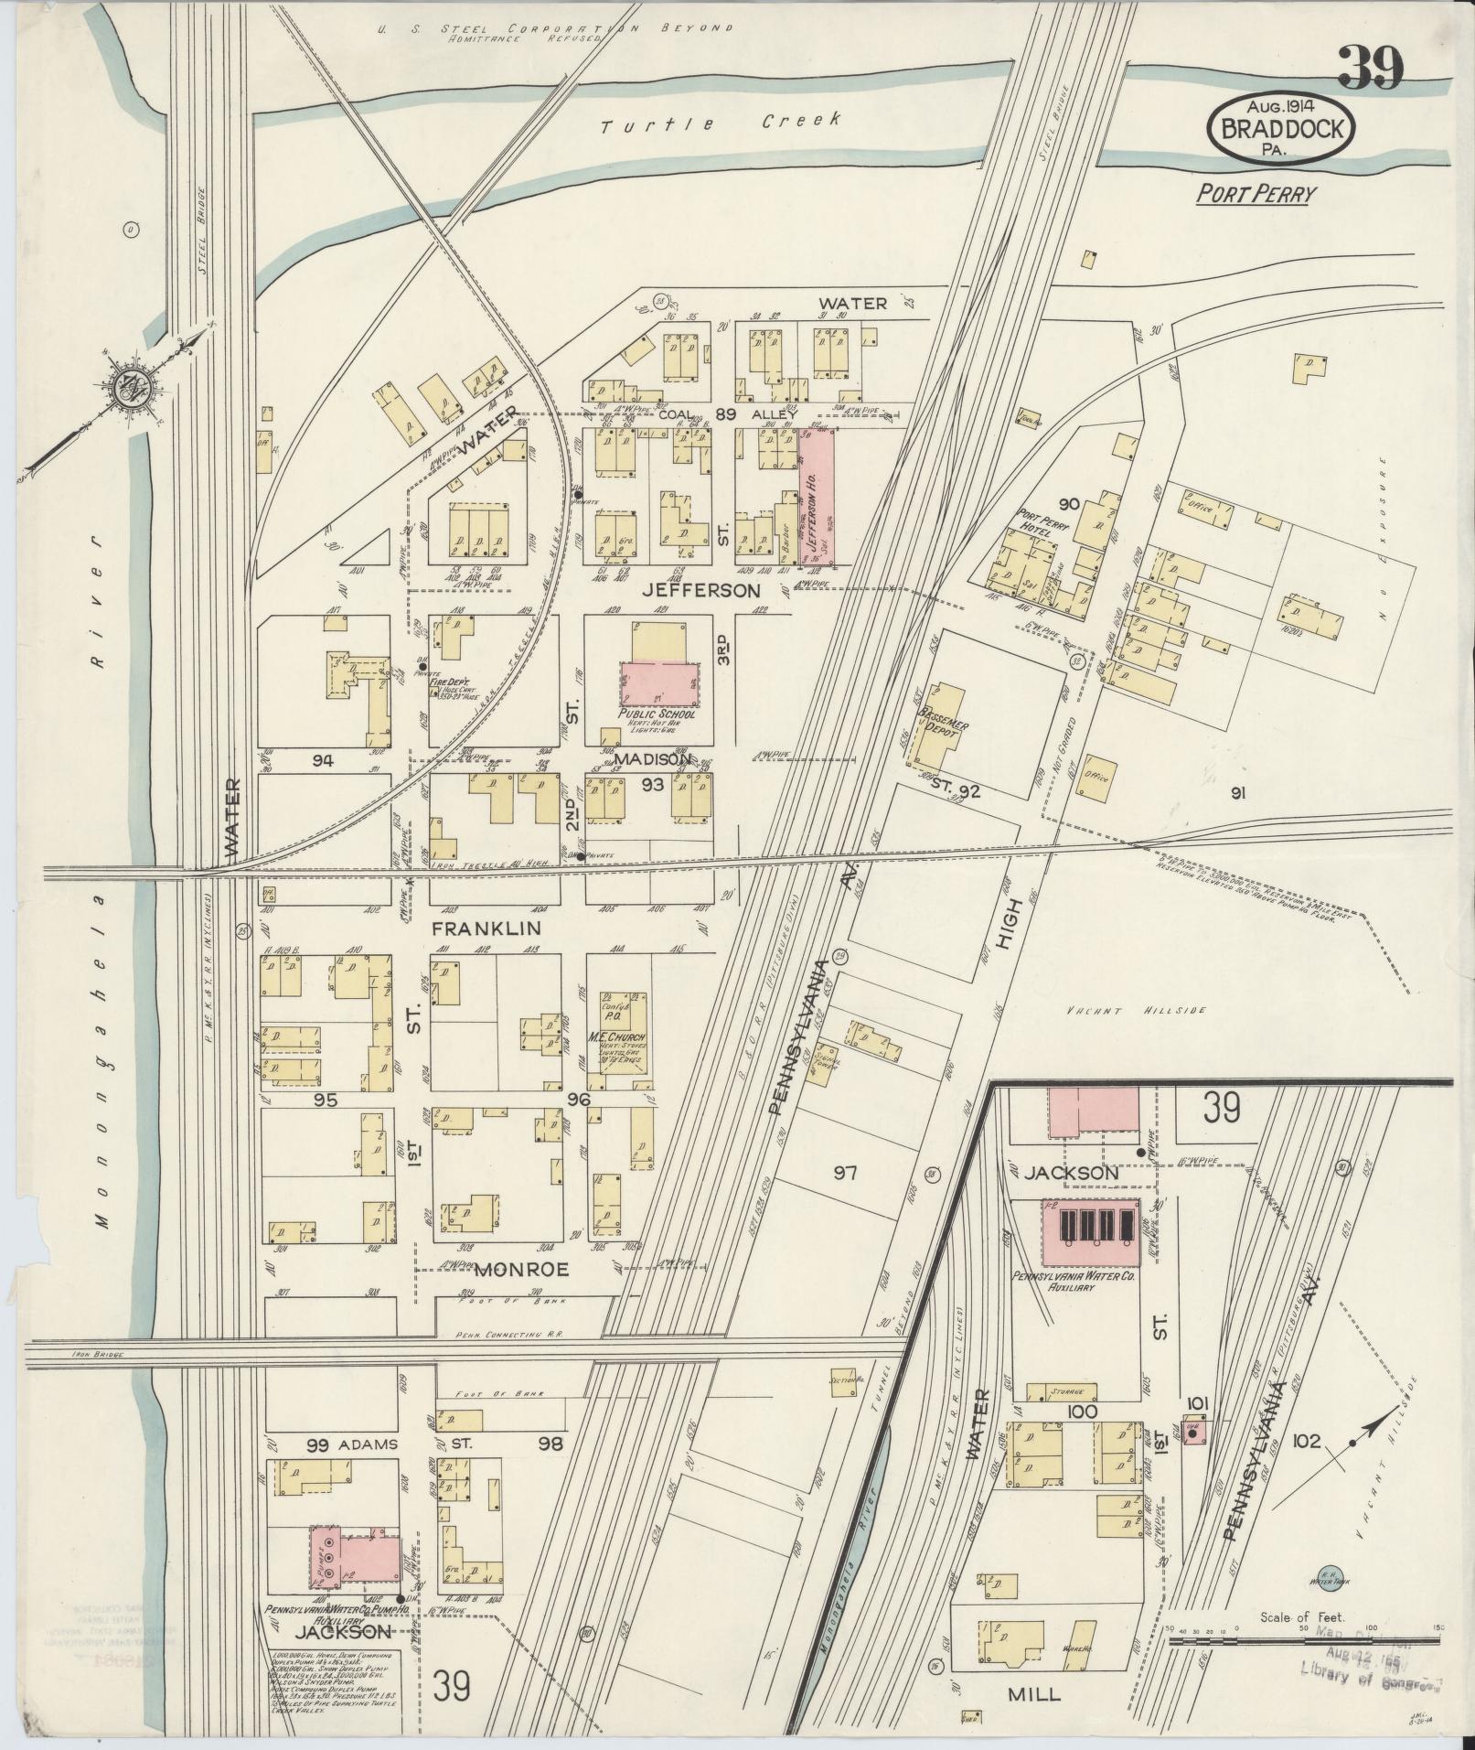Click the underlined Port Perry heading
coord(1256,194)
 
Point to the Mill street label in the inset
coord(1033,1694)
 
